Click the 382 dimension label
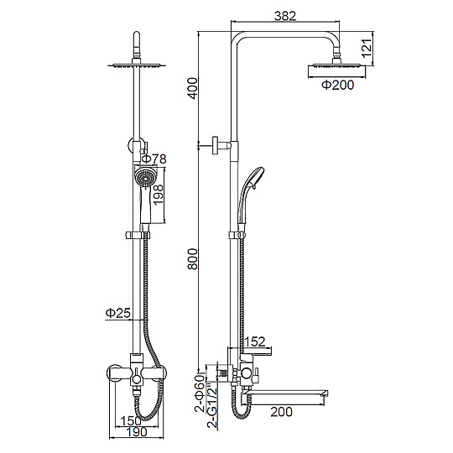(x=285, y=16)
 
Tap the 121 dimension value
(x=367, y=48)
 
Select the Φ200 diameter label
(x=338, y=85)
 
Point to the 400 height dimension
(x=193, y=88)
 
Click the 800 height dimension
(x=193, y=259)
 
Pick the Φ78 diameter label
(x=154, y=159)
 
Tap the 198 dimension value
(x=159, y=195)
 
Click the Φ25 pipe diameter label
(x=118, y=313)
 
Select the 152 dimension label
(x=254, y=341)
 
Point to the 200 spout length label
(x=281, y=412)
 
